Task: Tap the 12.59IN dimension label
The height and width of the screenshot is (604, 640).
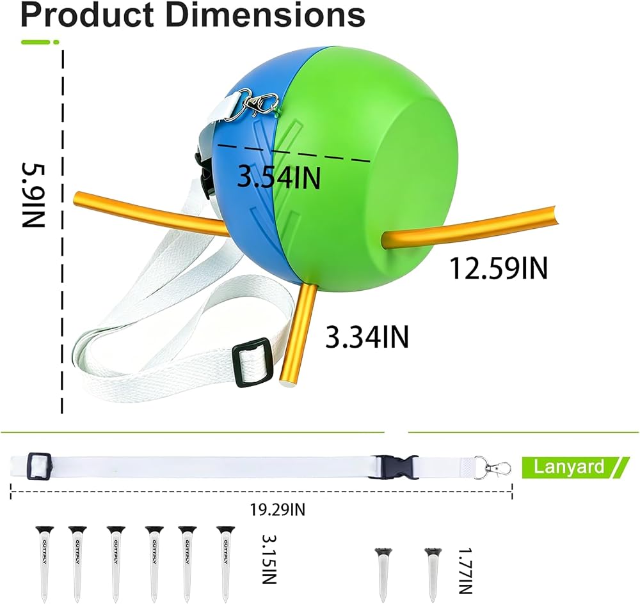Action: (498, 268)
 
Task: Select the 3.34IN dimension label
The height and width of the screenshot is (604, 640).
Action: (367, 337)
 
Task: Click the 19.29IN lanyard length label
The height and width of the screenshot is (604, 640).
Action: (278, 509)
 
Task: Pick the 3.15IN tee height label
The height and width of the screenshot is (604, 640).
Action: (269, 559)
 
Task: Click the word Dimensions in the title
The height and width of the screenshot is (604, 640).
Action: (265, 15)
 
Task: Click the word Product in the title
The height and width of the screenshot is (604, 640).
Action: (87, 15)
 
